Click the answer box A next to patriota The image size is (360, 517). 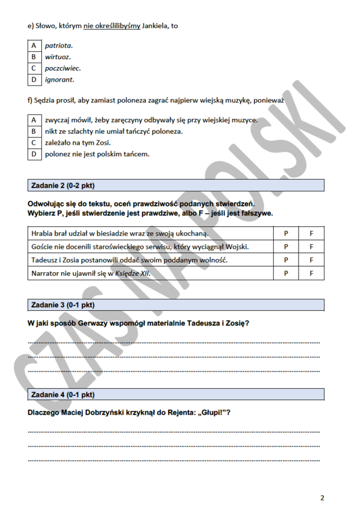(x=33, y=45)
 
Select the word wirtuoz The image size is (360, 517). (x=58, y=57)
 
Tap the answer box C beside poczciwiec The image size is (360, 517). (x=33, y=68)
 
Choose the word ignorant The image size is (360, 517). (x=60, y=80)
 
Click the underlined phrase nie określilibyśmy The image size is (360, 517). (x=112, y=26)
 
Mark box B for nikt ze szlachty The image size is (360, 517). (x=33, y=132)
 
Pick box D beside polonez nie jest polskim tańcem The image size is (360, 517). (x=33, y=155)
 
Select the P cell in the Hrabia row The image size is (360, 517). (x=286, y=234)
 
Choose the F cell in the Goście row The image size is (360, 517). (x=311, y=247)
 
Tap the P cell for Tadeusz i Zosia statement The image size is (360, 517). (x=286, y=260)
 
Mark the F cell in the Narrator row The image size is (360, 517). (x=311, y=273)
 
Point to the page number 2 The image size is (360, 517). (x=322, y=498)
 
